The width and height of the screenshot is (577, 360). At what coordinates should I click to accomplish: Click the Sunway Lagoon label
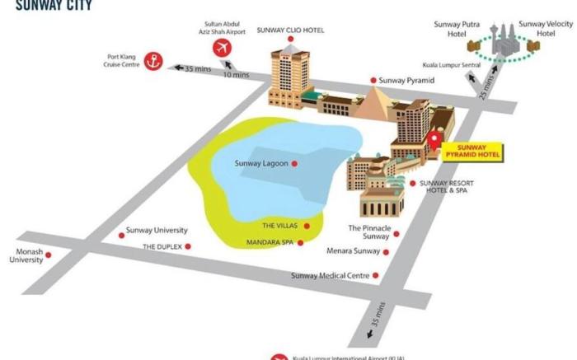(261, 163)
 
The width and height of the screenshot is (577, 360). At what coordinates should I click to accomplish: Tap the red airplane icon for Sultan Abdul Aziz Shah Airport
(221, 48)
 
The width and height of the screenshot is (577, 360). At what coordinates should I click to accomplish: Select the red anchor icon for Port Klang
(153, 60)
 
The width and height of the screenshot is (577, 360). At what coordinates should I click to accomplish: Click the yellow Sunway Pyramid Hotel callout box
(471, 151)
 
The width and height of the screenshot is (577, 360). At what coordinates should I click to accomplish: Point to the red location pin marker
(434, 139)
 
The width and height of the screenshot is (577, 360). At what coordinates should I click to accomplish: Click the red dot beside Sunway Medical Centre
(376, 276)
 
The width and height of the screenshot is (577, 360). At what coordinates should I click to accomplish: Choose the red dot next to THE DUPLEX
(188, 246)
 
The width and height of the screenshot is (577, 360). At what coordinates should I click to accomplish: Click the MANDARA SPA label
(269, 242)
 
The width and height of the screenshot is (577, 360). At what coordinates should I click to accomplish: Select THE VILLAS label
(279, 226)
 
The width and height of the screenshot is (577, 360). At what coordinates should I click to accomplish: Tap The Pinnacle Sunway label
(368, 231)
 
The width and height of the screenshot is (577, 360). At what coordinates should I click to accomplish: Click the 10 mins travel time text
(235, 75)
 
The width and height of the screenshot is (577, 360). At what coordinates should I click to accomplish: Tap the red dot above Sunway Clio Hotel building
(290, 39)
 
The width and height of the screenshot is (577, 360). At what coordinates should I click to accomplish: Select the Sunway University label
(157, 231)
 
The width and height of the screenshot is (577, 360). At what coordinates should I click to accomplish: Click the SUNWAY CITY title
(54, 5)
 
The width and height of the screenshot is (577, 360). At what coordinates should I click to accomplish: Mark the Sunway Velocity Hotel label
(544, 29)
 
